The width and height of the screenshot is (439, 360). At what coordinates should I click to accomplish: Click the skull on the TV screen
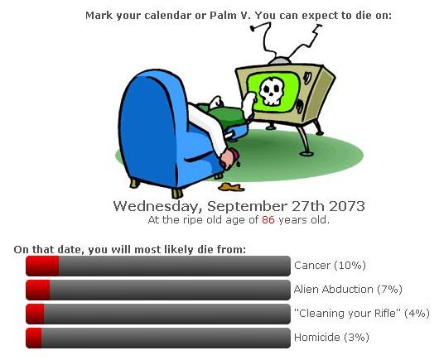(x=272, y=91)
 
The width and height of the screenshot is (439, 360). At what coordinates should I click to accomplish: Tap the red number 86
(x=268, y=220)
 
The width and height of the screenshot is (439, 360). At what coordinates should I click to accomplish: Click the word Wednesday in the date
(x=157, y=207)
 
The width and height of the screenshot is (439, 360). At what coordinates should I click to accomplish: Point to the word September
(x=247, y=207)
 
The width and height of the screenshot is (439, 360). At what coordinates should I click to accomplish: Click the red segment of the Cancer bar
(x=42, y=266)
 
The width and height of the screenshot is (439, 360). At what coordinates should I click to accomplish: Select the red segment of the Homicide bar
(x=34, y=338)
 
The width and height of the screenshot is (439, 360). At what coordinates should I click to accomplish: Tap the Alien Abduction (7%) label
(x=348, y=289)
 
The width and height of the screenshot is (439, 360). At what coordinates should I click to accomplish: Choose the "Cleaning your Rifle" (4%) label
(x=362, y=314)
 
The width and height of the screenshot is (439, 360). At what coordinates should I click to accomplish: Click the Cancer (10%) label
(x=330, y=265)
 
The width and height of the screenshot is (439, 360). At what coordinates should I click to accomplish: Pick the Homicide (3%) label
(x=331, y=338)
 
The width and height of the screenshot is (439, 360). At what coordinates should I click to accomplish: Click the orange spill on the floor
(x=231, y=187)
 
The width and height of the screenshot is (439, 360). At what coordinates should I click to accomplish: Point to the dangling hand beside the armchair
(x=228, y=158)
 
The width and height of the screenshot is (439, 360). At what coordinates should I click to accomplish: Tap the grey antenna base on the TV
(x=279, y=60)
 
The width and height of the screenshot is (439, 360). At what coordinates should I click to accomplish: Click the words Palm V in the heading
(x=229, y=16)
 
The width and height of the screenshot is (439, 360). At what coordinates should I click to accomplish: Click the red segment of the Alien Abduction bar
(x=38, y=290)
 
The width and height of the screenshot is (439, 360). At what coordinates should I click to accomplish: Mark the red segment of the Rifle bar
(x=35, y=314)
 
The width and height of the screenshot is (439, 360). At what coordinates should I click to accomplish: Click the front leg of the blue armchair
(x=177, y=194)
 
